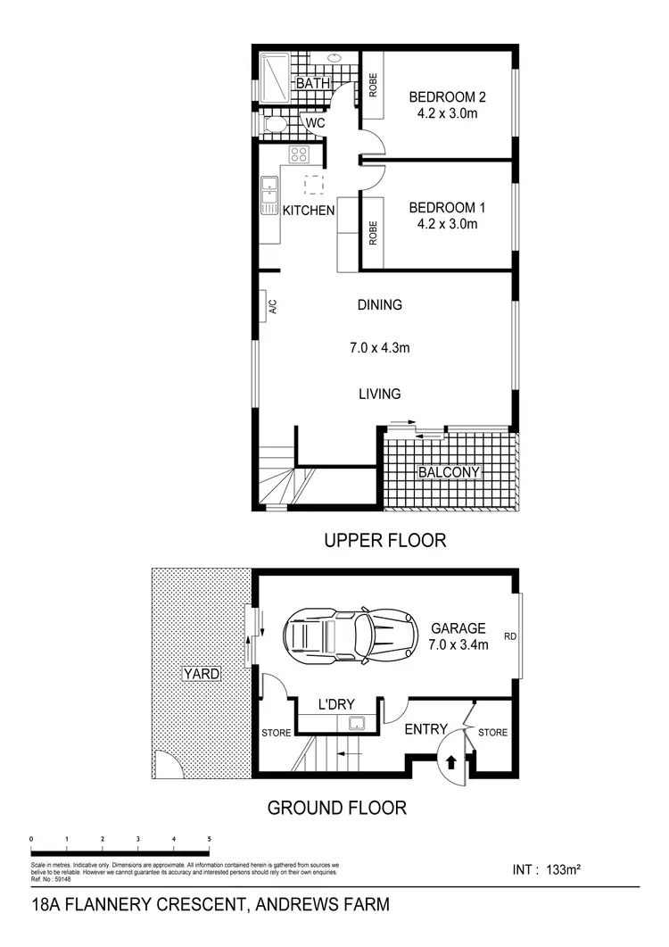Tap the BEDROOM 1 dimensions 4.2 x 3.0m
443,224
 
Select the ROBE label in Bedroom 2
373,86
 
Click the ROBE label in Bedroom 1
373,233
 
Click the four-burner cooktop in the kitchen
299,154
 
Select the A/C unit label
273,306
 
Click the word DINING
380,304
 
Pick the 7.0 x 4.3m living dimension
380,348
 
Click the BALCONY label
449,472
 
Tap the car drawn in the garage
350,635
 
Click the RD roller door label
510,636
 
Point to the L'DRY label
337,704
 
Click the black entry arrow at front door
451,761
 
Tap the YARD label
202,674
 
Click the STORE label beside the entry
492,733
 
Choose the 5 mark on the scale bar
209,839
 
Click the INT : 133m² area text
549,868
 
